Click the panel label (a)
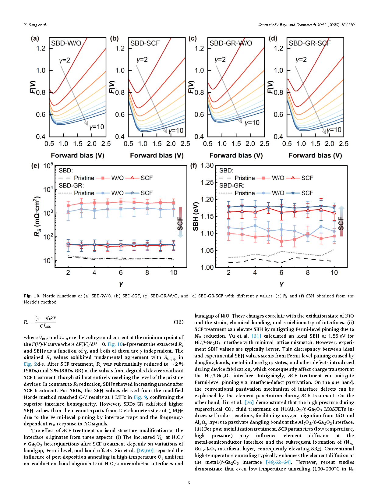coord(35,38)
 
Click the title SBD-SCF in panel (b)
coord(145,43)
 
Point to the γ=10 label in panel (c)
coord(252,123)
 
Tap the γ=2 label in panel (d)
coord(301,60)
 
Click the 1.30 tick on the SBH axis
coord(207,165)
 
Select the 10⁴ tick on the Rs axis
coord(48,189)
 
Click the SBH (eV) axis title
coord(196,216)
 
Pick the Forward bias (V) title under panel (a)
coord(77,155)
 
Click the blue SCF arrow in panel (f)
coord(341,221)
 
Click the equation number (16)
coord(178,322)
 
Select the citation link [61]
coord(256,336)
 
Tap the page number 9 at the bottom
coord(189,482)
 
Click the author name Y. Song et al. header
coord(35,25)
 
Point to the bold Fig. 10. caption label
coord(32,296)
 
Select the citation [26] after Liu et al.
coord(249,402)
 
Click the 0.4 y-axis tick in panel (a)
coord(41,137)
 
